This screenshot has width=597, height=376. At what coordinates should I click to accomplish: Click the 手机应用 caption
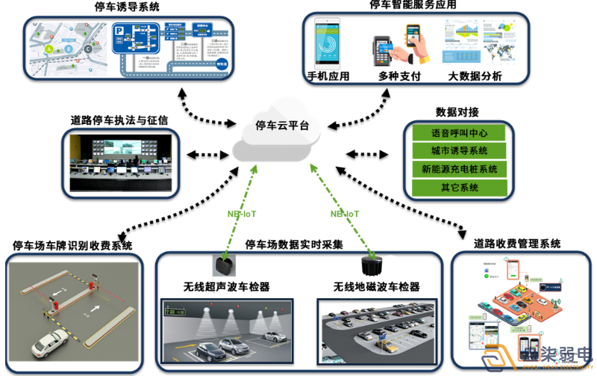[328, 77]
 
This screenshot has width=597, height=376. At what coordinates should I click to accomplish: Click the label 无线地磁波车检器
[377, 287]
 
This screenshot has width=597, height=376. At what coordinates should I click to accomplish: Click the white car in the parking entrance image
[49, 345]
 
